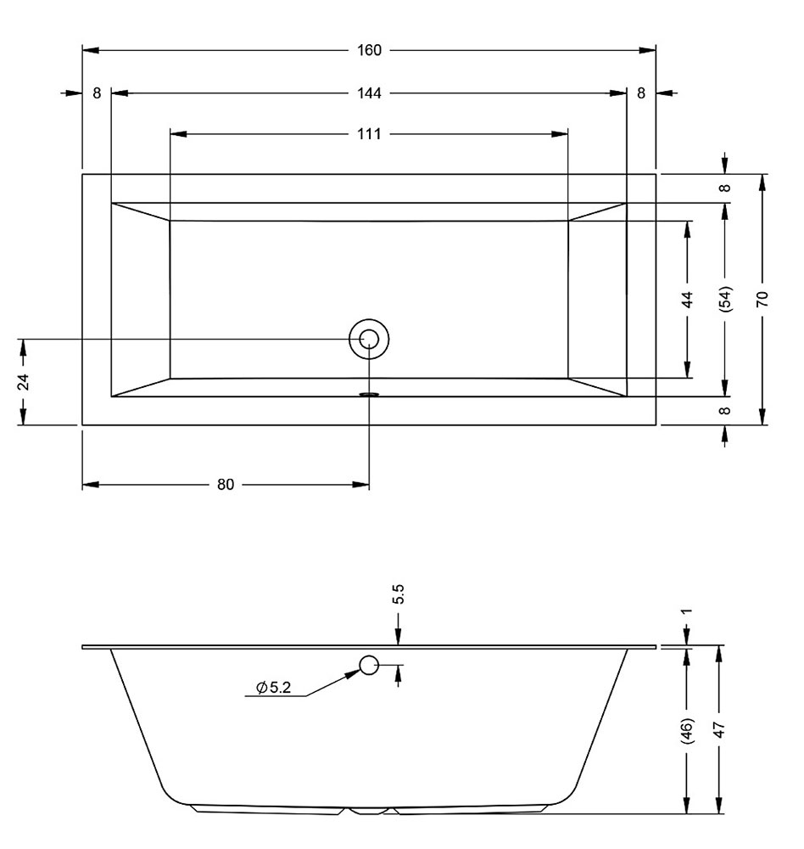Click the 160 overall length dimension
pyautogui.click(x=369, y=50)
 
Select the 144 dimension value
pyautogui.click(x=369, y=93)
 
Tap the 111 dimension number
pyautogui.click(x=369, y=134)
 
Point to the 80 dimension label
pyautogui.click(x=226, y=485)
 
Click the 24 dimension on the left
pyautogui.click(x=23, y=382)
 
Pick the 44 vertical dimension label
pyautogui.click(x=687, y=300)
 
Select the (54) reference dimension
pyautogui.click(x=725, y=298)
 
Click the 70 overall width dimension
pyautogui.click(x=762, y=300)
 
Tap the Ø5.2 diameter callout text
pyautogui.click(x=274, y=688)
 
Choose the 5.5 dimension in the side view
pyautogui.click(x=399, y=594)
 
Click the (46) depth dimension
pyautogui.click(x=687, y=731)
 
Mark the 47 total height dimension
pyautogui.click(x=719, y=730)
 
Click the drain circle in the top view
pyautogui.click(x=369, y=339)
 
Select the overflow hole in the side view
pyautogui.click(x=369, y=665)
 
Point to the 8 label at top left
pyautogui.click(x=97, y=93)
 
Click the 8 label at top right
pyautogui.click(x=641, y=93)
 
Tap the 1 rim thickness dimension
pyautogui.click(x=687, y=612)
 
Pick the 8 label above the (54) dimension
pyautogui.click(x=725, y=188)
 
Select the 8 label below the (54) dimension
pyautogui.click(x=725, y=410)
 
